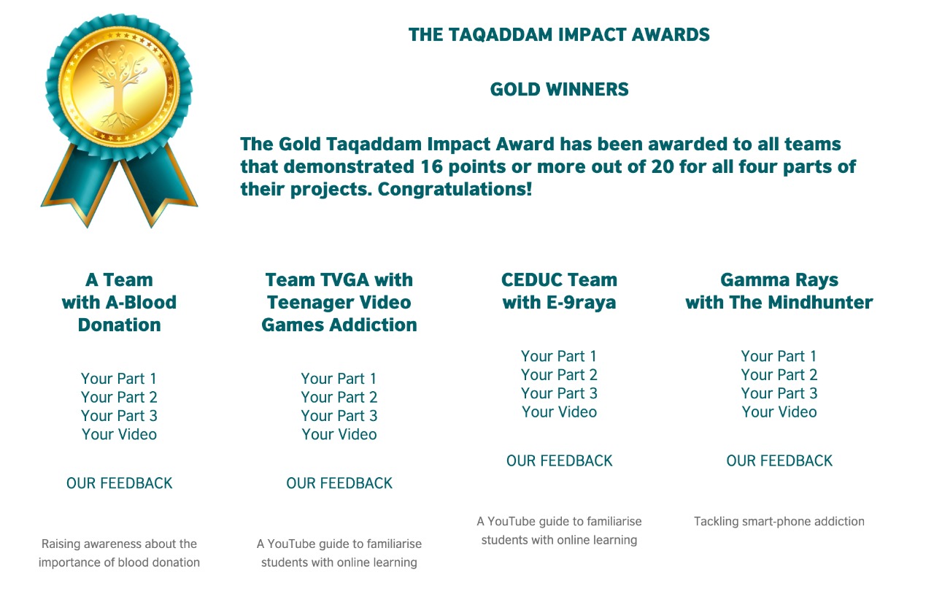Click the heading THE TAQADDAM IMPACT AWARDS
[559, 34]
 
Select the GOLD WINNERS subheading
[559, 89]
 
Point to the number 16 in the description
[431, 166]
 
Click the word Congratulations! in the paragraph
[455, 189]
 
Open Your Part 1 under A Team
[119, 379]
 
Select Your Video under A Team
[119, 434]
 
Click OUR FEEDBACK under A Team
[119, 483]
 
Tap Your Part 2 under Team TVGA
[339, 397]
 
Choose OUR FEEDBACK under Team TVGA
[339, 483]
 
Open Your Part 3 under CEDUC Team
[559, 393]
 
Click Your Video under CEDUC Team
[559, 412]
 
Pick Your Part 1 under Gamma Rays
[779, 356]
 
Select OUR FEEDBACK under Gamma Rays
[779, 460]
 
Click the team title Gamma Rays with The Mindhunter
[779, 291]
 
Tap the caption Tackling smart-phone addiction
[779, 521]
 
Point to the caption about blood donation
[119, 553]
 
